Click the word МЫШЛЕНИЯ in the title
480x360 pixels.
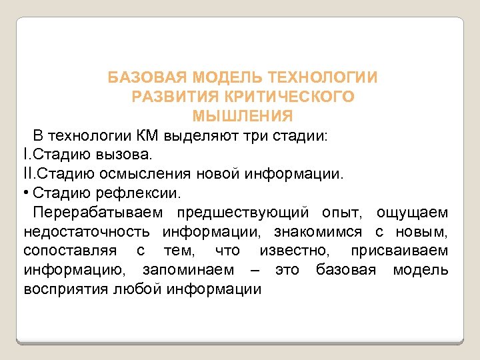pos(243,116)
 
